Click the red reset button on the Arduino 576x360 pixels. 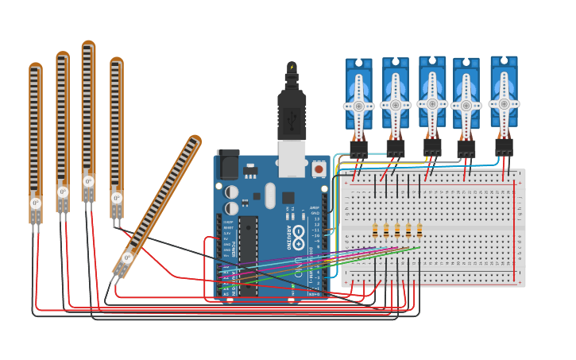click(x=319, y=168)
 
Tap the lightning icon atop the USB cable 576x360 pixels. click(x=292, y=68)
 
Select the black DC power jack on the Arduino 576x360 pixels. click(x=228, y=165)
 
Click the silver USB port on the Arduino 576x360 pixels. click(x=292, y=159)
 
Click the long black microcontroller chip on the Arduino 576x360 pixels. click(x=248, y=254)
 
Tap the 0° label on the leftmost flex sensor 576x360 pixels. click(x=36, y=203)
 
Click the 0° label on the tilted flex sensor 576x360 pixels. click(x=127, y=257)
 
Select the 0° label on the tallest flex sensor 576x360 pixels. click(x=88, y=181)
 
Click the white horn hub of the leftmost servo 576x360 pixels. click(x=359, y=106)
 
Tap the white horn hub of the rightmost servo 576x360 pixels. click(x=504, y=103)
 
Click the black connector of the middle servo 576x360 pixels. click(x=432, y=147)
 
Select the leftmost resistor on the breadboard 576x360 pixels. click(x=375, y=230)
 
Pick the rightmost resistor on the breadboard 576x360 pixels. click(x=419, y=230)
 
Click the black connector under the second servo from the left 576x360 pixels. click(x=396, y=148)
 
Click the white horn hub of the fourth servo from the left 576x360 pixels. click(x=466, y=106)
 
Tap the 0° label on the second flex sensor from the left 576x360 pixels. click(x=63, y=192)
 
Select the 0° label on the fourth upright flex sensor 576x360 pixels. click(x=116, y=198)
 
